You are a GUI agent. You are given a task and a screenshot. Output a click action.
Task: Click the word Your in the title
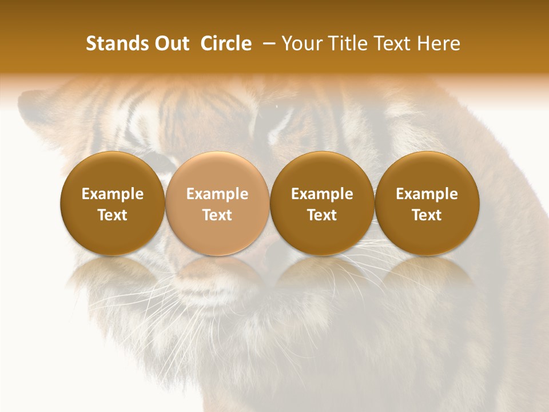(x=301, y=43)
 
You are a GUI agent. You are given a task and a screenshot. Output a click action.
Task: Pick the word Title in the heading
(x=345, y=43)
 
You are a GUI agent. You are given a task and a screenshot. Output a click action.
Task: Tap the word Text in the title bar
(x=392, y=43)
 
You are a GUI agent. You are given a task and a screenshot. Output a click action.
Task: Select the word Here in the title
(x=439, y=43)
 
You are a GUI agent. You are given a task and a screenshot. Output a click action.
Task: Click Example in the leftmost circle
(x=113, y=194)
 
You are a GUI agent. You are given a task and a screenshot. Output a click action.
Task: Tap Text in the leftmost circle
(x=113, y=215)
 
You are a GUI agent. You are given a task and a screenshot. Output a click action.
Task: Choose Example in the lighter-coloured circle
(x=217, y=194)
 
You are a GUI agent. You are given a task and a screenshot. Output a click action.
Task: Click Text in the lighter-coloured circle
(x=217, y=215)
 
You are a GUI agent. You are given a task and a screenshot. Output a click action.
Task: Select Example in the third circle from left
(x=322, y=194)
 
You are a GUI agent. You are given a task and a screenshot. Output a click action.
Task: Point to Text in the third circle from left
(x=322, y=215)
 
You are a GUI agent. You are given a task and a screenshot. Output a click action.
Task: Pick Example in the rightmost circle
(x=427, y=194)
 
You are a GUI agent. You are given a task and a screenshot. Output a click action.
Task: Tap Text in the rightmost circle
(x=427, y=215)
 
